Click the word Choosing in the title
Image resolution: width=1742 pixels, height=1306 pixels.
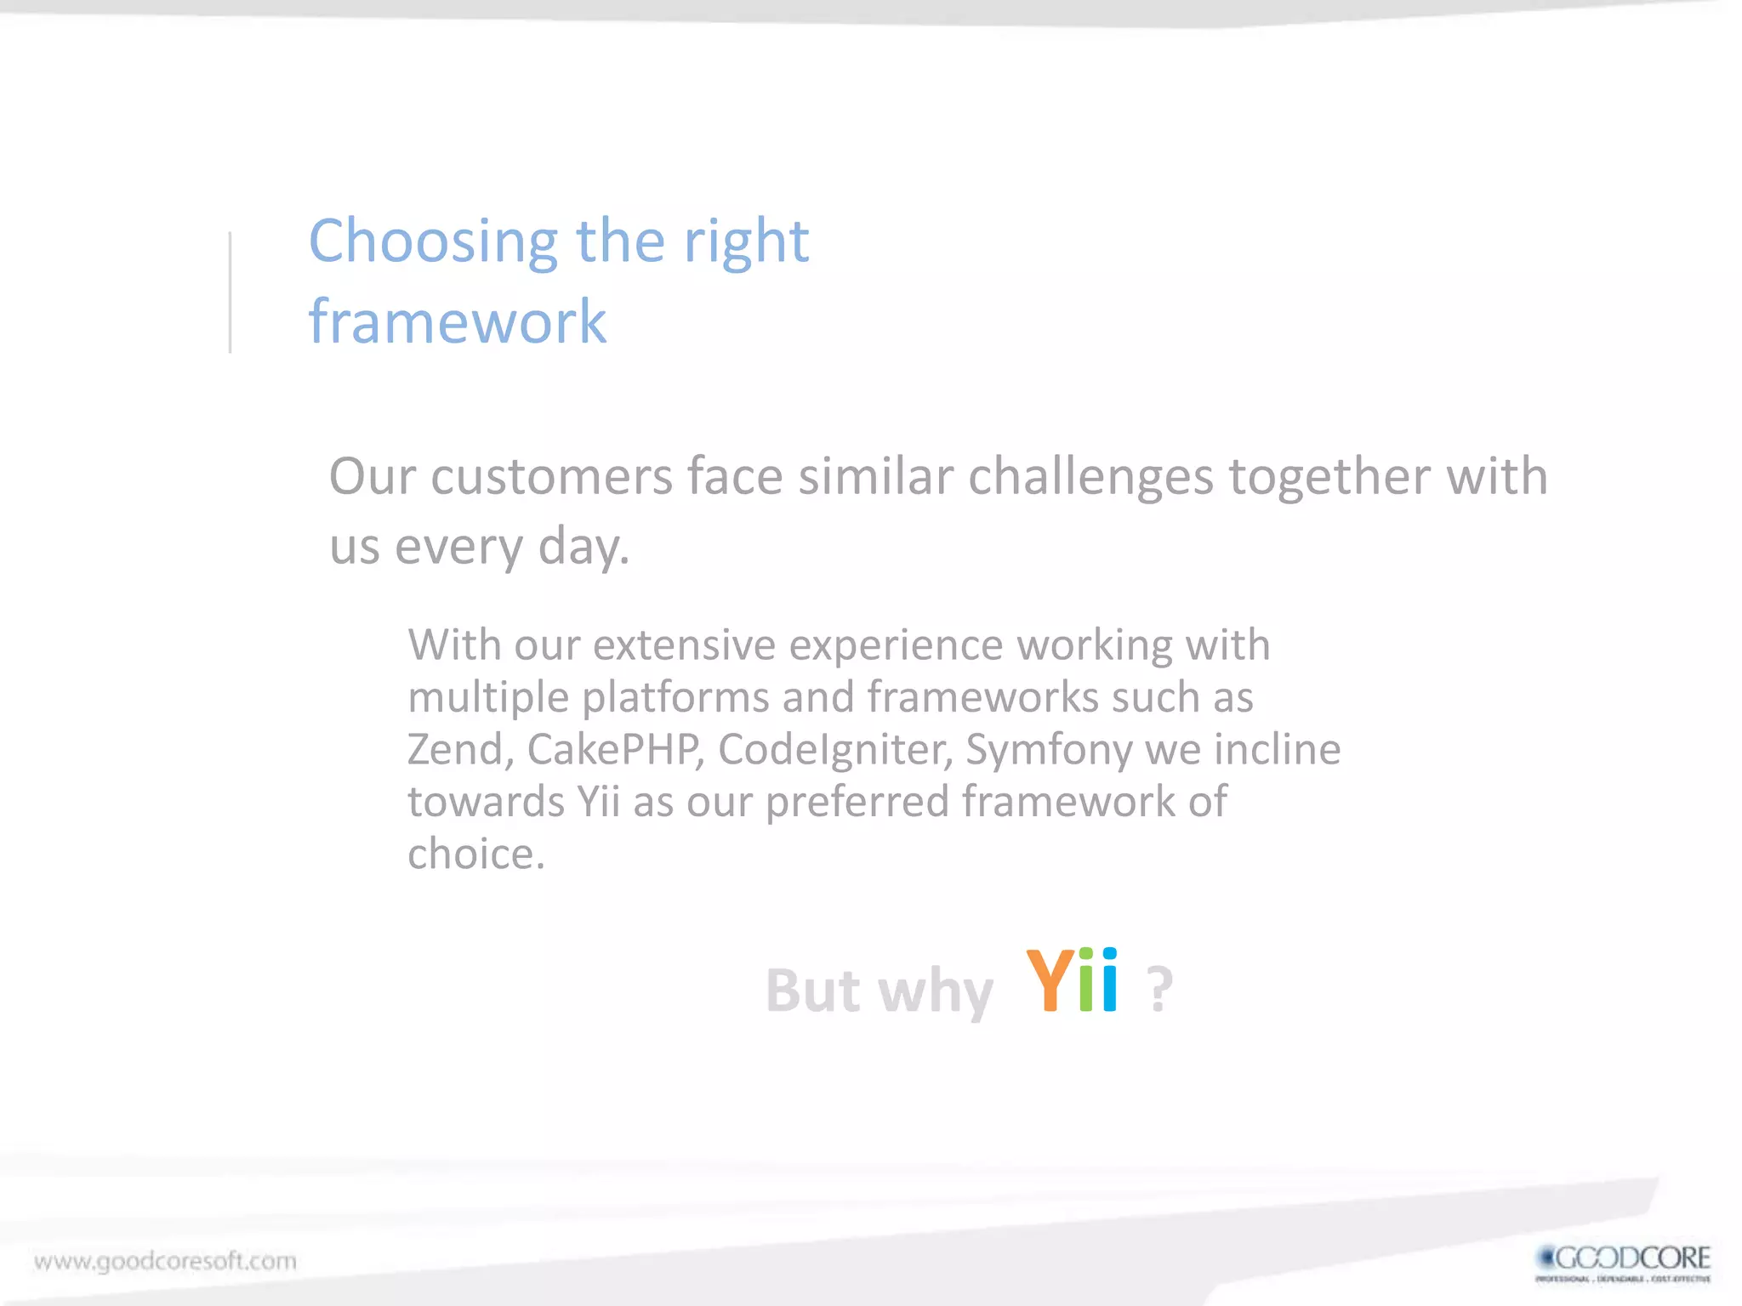[x=432, y=243]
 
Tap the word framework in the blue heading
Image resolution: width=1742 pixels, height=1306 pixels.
[x=458, y=322]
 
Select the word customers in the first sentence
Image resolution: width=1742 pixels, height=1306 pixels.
[x=551, y=476]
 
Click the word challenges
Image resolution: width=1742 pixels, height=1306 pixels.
[x=1090, y=476]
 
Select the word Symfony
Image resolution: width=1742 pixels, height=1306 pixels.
[x=1049, y=750]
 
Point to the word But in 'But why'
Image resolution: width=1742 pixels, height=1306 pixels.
[x=813, y=991]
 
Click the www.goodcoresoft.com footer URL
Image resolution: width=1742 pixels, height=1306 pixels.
[x=166, y=1260]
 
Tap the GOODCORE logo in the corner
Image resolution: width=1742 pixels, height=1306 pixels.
[x=1623, y=1263]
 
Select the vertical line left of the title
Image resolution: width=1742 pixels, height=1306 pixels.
[x=230, y=292]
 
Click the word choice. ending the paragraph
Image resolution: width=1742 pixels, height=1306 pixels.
[x=475, y=854]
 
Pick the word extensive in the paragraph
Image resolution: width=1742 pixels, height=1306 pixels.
[x=684, y=644]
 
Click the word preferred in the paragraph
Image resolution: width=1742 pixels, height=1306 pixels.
[x=857, y=803]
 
